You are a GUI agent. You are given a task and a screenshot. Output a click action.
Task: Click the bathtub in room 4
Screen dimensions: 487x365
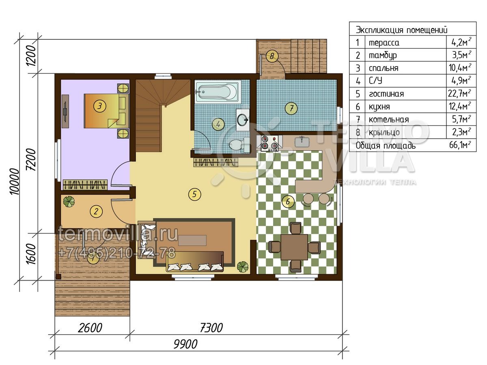tap(218, 91)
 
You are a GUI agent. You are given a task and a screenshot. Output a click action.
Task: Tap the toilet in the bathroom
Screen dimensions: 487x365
tap(239, 145)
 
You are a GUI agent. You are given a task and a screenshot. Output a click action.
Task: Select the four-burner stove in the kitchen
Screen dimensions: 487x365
tap(269, 143)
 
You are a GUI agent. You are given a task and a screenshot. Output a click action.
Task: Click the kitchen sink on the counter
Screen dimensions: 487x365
tap(302, 142)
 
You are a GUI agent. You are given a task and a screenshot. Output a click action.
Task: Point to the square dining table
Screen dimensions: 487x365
tap(294, 247)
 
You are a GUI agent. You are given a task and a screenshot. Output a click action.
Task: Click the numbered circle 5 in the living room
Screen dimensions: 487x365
tap(194, 194)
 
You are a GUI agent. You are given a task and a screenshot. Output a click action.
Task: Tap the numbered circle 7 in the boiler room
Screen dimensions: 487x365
tap(291, 108)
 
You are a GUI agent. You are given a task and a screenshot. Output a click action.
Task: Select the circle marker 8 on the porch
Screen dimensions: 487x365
tap(272, 56)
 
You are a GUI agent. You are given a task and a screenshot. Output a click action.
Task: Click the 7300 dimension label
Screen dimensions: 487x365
tap(211, 328)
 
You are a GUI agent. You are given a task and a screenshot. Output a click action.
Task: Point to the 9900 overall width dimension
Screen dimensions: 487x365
tap(185, 344)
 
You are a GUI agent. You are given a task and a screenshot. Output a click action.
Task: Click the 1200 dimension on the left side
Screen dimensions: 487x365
tap(30, 56)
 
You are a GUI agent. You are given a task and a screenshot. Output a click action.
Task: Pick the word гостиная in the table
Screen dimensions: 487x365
tap(386, 94)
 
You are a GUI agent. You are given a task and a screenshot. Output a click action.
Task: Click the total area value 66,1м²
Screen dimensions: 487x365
tap(460, 145)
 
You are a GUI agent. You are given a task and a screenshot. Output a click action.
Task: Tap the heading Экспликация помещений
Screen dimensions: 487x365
tap(402, 30)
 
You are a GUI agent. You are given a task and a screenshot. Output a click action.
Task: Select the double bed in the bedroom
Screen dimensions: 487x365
tap(106, 111)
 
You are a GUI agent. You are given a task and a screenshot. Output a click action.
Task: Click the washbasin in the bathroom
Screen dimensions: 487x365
tap(243, 120)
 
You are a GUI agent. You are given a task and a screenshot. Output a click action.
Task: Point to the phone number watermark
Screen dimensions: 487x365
tap(117, 253)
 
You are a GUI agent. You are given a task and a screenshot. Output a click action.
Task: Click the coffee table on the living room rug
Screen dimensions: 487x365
tap(192, 240)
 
